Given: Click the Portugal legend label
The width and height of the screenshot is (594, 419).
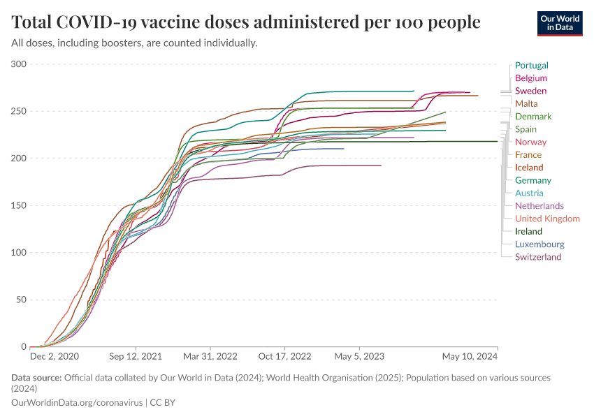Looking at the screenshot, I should (531, 65).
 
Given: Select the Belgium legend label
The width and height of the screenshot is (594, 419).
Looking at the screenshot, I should (530, 78).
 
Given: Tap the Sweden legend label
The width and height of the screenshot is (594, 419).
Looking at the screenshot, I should (530, 91).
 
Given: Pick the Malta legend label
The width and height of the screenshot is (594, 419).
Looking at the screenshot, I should (526, 103).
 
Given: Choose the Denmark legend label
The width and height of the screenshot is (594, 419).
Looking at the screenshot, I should (533, 117).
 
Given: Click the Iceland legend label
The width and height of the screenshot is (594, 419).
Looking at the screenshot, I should (529, 168).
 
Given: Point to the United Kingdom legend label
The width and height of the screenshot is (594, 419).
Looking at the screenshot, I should (547, 219).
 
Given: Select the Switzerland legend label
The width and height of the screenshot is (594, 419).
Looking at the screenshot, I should (538, 257).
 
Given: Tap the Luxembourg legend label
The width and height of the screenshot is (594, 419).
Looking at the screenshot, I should (539, 244).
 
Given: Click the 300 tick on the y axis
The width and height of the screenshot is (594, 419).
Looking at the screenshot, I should (19, 64).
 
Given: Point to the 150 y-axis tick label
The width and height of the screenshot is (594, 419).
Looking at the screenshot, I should (19, 205).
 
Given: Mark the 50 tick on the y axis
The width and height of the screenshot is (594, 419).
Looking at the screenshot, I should (21, 300).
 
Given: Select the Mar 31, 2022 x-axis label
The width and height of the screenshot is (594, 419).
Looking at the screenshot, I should (210, 356).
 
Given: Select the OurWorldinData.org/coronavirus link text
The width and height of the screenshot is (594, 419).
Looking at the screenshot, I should (76, 402).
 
